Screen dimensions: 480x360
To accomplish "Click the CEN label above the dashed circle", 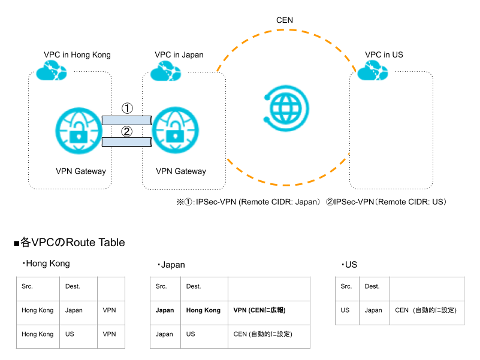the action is tap(285, 20).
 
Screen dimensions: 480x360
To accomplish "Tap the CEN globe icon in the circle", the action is tap(286, 108).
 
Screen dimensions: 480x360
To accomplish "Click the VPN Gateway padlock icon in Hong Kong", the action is tap(79, 131).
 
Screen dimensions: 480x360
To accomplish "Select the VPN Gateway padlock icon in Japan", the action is tap(176, 131).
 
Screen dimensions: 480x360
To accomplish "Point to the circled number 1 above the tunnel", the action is tap(127, 108).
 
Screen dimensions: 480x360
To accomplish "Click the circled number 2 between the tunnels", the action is tap(126, 132).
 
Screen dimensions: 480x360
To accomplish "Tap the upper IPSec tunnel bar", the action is tap(126, 120).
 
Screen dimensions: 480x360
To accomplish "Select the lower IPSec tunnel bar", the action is tap(126, 142).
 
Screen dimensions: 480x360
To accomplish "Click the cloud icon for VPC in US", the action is tap(373, 71).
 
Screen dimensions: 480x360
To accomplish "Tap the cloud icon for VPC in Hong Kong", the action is tap(52, 71).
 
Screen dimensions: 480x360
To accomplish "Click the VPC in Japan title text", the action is tap(179, 55).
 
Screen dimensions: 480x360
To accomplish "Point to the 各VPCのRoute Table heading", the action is tap(70, 243).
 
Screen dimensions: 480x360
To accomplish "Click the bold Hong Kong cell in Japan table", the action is tap(203, 310).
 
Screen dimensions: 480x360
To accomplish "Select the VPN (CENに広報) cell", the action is tap(259, 310).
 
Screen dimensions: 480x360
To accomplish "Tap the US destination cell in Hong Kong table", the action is tap(70, 334).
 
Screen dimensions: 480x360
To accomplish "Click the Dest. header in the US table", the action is tap(372, 286).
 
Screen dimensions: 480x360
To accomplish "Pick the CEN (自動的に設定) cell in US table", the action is tap(426, 310).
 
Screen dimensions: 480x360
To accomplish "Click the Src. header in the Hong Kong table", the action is tap(27, 286).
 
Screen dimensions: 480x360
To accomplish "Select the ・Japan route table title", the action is tap(171, 265).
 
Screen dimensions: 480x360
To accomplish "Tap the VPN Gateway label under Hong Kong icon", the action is tap(81, 171).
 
